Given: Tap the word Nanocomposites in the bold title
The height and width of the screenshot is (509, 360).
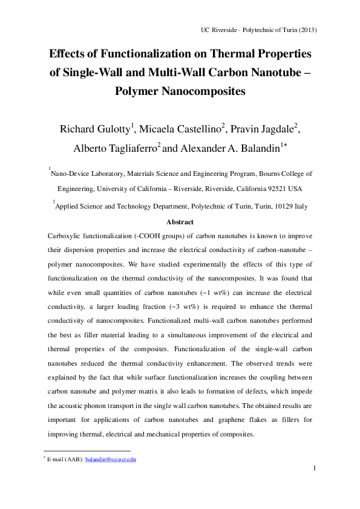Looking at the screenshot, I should pyautogui.click(x=203, y=92).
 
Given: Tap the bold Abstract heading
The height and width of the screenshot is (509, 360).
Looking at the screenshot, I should pyautogui.click(x=180, y=222).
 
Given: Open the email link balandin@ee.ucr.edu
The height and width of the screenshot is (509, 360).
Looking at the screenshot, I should pyautogui.click(x=111, y=460).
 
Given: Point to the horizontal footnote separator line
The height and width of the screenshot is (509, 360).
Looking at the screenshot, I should pyautogui.click(x=87, y=450).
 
